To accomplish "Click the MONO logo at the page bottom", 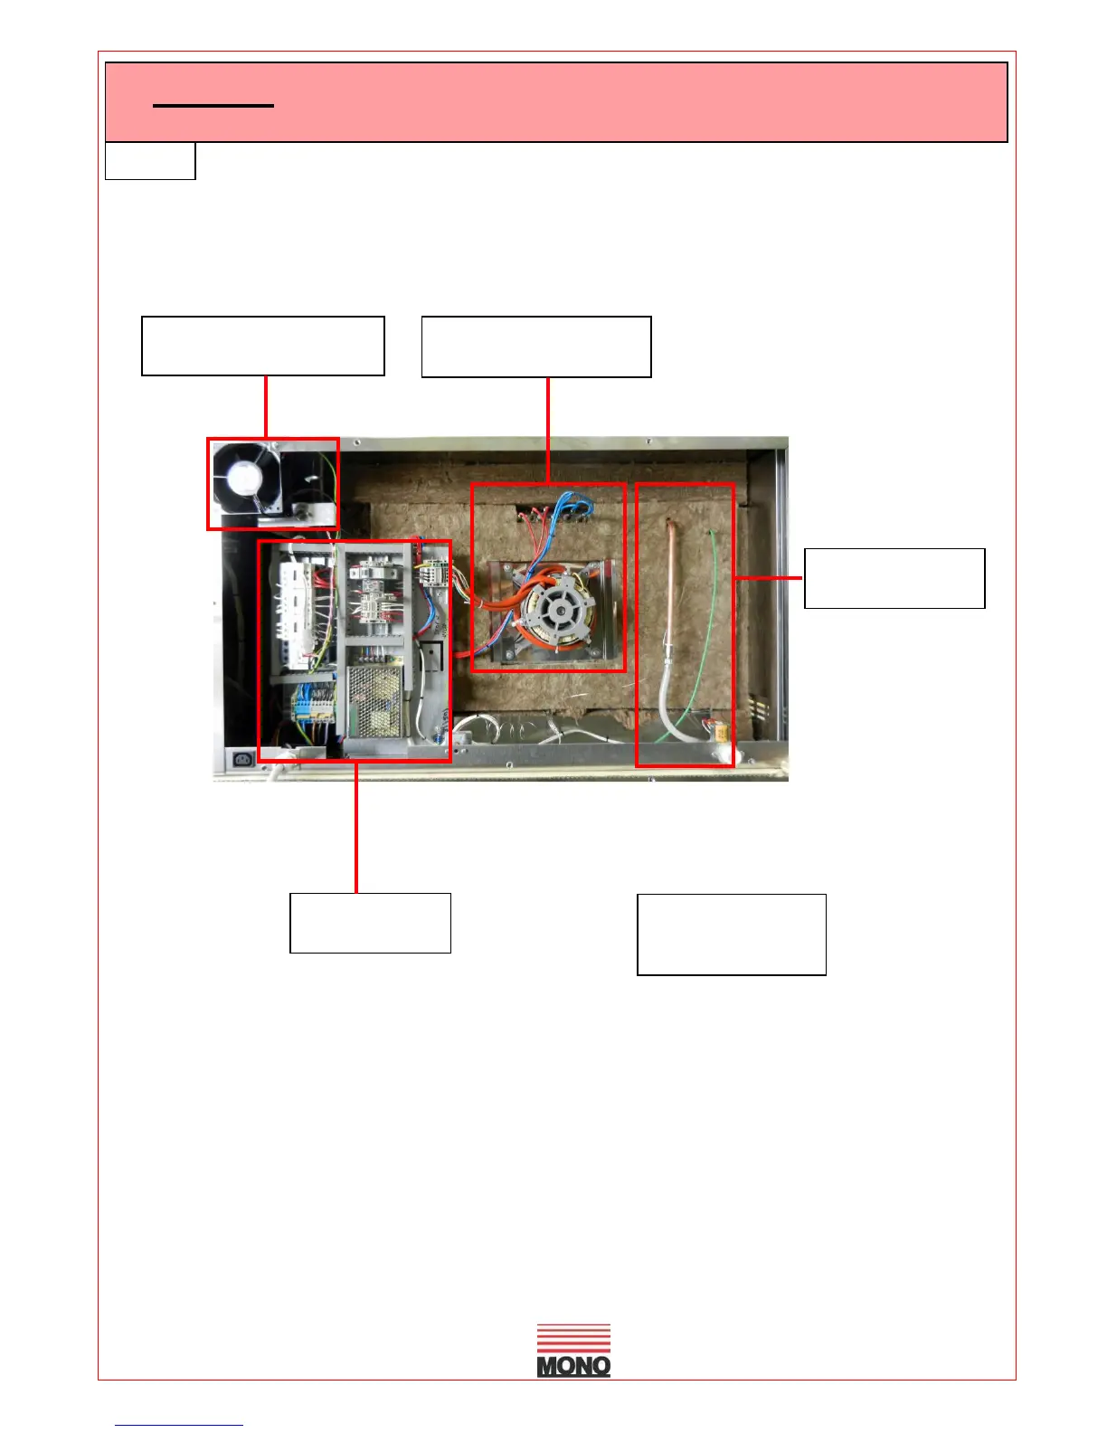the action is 573,1351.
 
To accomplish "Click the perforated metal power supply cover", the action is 374,702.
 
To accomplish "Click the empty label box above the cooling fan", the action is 263,346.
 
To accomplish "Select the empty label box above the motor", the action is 536,346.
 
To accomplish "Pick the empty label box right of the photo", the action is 894,578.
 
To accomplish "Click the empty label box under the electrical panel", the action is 370,923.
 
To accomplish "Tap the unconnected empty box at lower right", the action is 732,935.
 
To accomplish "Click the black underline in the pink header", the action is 213,106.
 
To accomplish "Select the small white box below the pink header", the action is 150,161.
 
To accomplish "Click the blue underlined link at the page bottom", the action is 179,1425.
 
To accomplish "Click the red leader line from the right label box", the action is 769,577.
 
